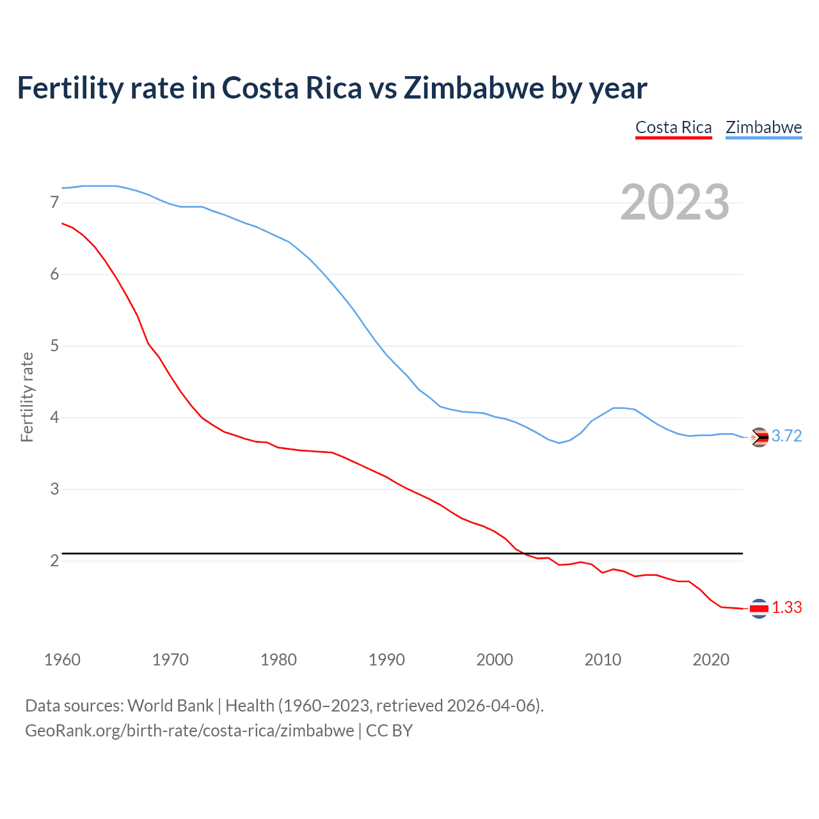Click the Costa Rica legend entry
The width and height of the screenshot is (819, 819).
673,127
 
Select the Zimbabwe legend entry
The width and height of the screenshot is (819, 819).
763,127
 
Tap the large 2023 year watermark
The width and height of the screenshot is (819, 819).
674,202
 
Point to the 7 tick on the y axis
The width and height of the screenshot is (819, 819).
54,203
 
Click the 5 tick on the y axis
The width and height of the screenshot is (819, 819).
54,346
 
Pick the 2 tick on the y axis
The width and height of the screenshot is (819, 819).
54,561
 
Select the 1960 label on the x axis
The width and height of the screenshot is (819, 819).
62,660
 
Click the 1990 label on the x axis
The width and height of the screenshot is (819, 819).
386,660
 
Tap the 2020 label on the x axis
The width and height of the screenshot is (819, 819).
711,660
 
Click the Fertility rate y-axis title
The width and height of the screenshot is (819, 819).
27,397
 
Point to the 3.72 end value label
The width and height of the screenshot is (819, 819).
786,436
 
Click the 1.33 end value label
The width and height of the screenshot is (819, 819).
786,608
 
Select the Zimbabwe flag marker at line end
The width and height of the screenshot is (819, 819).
759,437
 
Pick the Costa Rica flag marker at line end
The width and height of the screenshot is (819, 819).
759,608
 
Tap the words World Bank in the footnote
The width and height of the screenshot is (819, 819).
170,706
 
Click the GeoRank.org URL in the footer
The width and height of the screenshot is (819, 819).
189,731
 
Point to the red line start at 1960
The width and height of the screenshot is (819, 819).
62,223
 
